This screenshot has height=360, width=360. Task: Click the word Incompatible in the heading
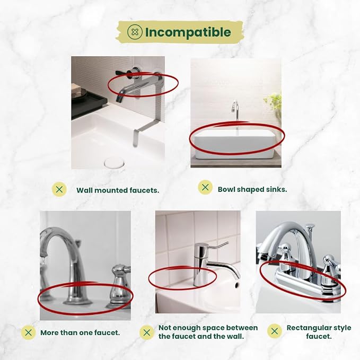click(188, 32)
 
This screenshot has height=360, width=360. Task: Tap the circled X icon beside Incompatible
click(135, 32)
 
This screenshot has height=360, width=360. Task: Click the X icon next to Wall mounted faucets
click(59, 189)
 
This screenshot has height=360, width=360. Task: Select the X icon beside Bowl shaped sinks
click(205, 187)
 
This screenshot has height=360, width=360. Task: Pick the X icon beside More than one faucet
click(29, 332)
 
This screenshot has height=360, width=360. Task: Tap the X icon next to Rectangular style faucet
click(275, 331)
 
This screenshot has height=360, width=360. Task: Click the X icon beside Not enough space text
click(147, 332)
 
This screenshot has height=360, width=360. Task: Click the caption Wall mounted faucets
click(118, 190)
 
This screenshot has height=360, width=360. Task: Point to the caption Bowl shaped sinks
click(252, 189)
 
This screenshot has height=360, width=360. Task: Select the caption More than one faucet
click(80, 332)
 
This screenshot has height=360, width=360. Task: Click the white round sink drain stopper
click(115, 163)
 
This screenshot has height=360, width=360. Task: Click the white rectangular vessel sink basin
click(234, 144)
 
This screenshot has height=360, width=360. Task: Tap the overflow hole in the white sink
click(236, 285)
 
